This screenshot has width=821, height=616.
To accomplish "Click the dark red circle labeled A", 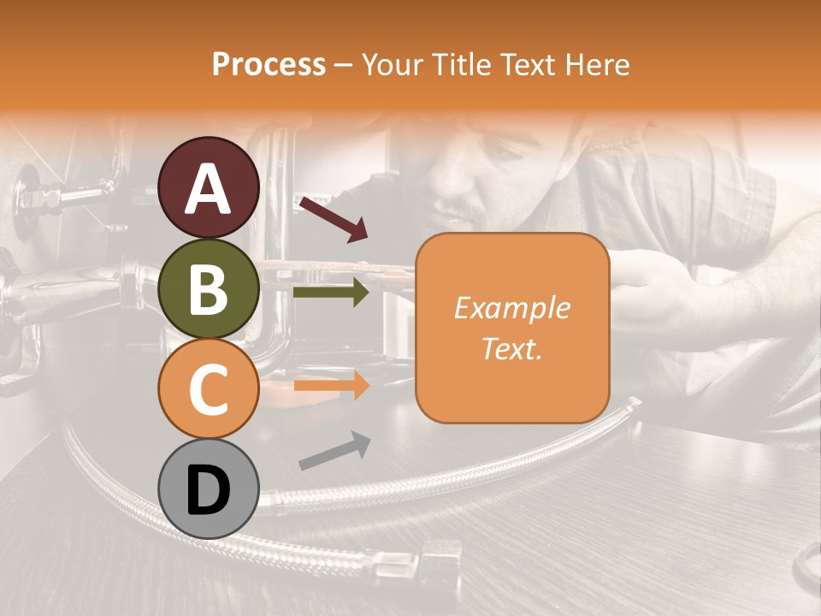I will (x=208, y=187).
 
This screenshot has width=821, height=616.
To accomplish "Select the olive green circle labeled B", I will (x=208, y=288).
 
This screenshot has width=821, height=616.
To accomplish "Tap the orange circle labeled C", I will (x=208, y=388).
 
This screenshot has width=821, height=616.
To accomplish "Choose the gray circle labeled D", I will (x=208, y=489).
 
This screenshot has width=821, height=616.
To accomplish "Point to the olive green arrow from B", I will (x=331, y=293).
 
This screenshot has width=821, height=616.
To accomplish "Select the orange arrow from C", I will (x=331, y=386).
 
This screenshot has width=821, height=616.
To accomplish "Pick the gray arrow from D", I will (x=334, y=451).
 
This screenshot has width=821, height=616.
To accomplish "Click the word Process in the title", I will (x=269, y=64).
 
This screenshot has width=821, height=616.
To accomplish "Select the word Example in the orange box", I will (x=511, y=308).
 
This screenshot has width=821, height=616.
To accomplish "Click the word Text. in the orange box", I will (x=511, y=348).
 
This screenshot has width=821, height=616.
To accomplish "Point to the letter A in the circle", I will (x=208, y=189).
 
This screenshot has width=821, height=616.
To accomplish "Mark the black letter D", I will (x=208, y=490).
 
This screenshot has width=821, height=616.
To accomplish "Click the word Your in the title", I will (x=393, y=64).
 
